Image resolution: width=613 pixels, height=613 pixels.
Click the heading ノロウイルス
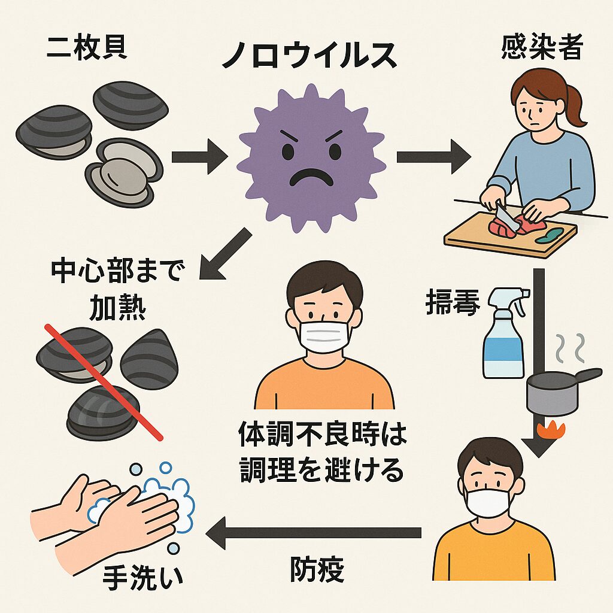pyautogui.click(x=309, y=56)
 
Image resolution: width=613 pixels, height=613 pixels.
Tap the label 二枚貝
pyautogui.click(x=87, y=48)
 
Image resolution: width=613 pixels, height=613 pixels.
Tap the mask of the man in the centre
pyautogui.click(x=324, y=336)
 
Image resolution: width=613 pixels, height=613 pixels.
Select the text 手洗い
pyautogui.click(x=142, y=578)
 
